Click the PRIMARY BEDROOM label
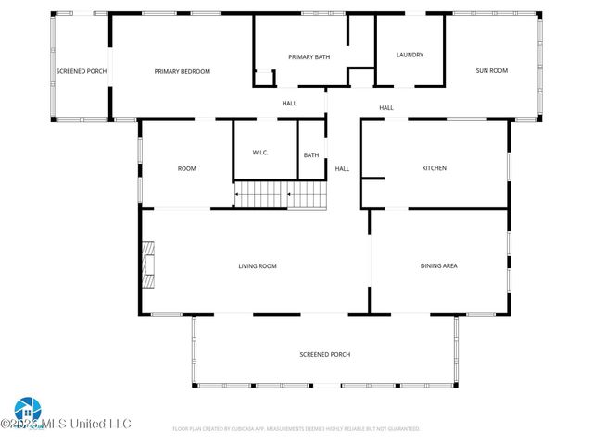(x=182, y=71)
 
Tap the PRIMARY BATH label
(x=309, y=57)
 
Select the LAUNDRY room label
(x=410, y=55)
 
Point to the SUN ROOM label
(x=491, y=71)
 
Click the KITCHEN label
(x=435, y=168)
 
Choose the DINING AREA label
(x=439, y=266)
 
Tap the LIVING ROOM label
(x=258, y=266)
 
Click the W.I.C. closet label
(x=260, y=153)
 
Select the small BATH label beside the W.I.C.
(x=311, y=155)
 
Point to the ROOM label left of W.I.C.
(x=187, y=168)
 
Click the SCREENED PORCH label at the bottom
(x=324, y=354)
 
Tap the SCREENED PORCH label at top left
(x=81, y=71)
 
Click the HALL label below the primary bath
(x=289, y=103)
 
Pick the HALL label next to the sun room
(x=386, y=108)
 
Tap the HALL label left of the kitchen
(x=342, y=168)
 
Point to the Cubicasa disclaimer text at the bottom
(x=296, y=429)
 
